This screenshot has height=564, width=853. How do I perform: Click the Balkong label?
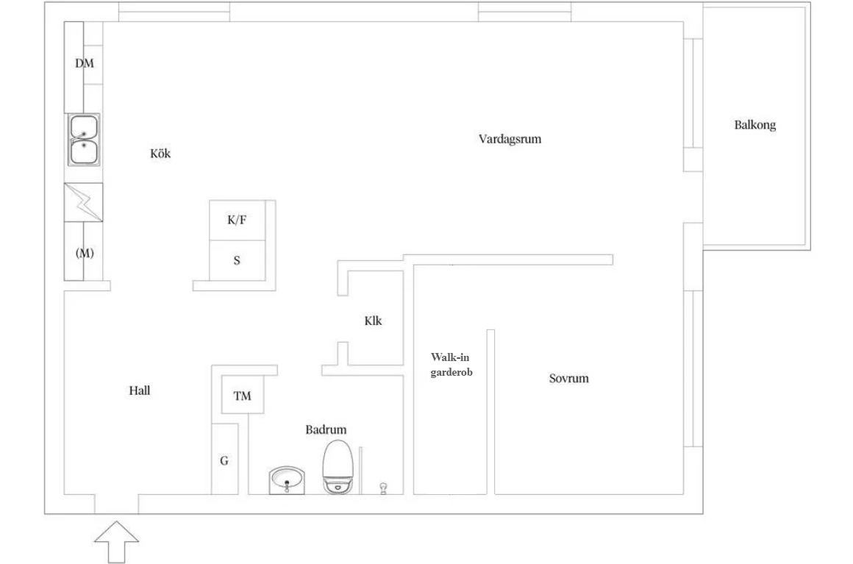tap(754, 125)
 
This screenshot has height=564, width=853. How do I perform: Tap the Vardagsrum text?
tap(510, 138)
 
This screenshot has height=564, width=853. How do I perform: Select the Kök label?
tap(160, 154)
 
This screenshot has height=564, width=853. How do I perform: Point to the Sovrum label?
tap(568, 379)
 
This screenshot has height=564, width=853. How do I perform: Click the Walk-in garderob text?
tap(451, 365)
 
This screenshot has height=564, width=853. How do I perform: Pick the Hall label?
tap(139, 390)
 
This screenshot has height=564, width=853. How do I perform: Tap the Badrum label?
tap(326, 429)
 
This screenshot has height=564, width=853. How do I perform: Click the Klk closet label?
tap(373, 321)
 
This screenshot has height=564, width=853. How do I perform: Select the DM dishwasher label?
tap(85, 63)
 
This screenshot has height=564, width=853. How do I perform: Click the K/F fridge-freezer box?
tap(237, 220)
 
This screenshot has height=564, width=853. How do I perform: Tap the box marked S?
tap(237, 260)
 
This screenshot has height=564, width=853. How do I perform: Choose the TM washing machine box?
tap(242, 396)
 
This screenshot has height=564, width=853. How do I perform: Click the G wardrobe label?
tap(224, 461)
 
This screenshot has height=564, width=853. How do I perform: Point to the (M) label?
tap(85, 253)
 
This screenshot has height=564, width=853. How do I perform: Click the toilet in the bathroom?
tap(338, 467)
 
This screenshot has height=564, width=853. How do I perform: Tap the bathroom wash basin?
tap(287, 481)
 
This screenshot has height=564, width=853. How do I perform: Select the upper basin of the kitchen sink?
tap(84, 127)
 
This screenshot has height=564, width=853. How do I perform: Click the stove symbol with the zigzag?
tap(84, 202)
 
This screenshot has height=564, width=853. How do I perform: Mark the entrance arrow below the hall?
tap(116, 542)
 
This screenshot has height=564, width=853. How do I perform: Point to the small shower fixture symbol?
tap(383, 488)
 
